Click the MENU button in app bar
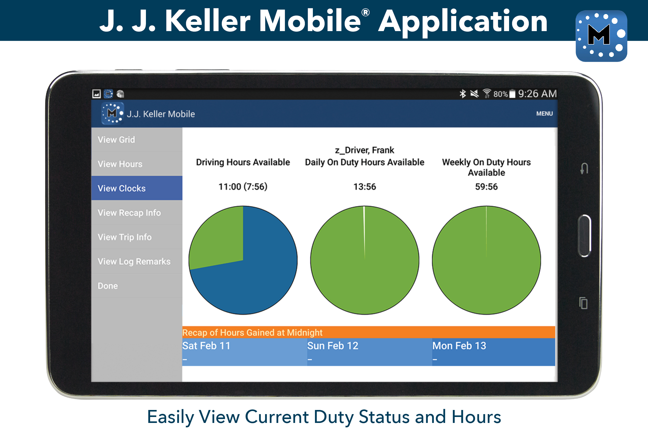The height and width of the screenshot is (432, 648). [x=544, y=114]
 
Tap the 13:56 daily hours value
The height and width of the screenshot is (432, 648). [x=364, y=187]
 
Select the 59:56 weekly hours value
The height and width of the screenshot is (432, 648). [x=486, y=187]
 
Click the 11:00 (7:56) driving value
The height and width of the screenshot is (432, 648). [x=243, y=187]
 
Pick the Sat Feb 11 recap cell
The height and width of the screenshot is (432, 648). [x=244, y=352]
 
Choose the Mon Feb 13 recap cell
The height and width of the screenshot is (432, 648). [x=494, y=352]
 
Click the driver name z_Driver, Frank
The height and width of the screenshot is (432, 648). [x=364, y=150]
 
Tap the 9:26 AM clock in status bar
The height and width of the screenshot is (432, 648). [x=537, y=94]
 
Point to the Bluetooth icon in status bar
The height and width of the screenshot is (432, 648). [x=463, y=94]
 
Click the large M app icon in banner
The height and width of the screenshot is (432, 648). [x=601, y=36]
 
